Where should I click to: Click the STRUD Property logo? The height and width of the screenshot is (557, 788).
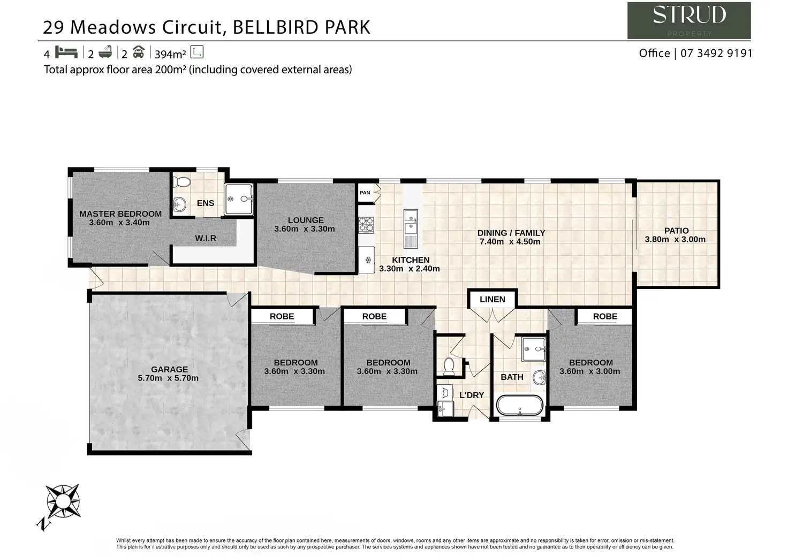[689, 20]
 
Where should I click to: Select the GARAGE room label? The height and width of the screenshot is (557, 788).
[169, 369]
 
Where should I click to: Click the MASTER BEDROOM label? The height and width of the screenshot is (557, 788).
[120, 213]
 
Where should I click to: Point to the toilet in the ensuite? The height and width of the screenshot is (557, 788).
[182, 182]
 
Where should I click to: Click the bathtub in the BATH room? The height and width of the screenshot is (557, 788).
[519, 405]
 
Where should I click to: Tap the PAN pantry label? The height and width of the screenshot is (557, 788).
[365, 193]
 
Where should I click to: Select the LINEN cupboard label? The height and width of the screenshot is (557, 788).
[492, 299]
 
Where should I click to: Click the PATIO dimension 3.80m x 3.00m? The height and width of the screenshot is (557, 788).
[675, 240]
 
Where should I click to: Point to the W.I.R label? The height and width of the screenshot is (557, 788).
[206, 238]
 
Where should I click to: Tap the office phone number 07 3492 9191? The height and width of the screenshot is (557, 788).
[716, 54]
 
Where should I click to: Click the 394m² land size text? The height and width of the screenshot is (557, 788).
[170, 54]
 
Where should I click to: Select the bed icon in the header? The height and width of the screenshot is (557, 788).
[66, 52]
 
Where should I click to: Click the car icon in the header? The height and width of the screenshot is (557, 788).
[139, 52]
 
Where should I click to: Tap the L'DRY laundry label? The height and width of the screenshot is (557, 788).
[472, 395]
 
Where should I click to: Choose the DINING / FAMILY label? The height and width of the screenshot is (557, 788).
[511, 233]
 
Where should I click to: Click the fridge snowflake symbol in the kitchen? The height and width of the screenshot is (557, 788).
[368, 260]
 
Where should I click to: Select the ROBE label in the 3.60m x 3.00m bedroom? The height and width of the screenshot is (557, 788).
[605, 316]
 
